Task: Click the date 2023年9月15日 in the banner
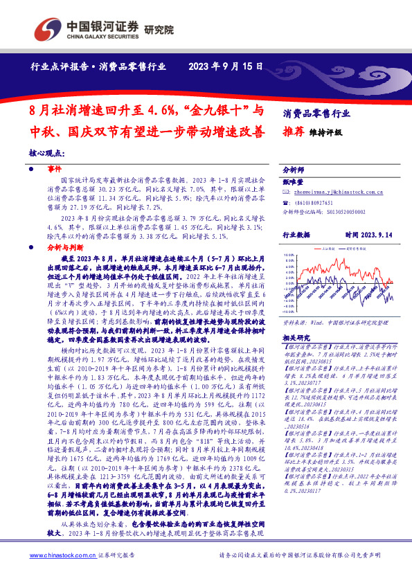(226, 66)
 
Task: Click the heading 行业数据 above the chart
(298, 235)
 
